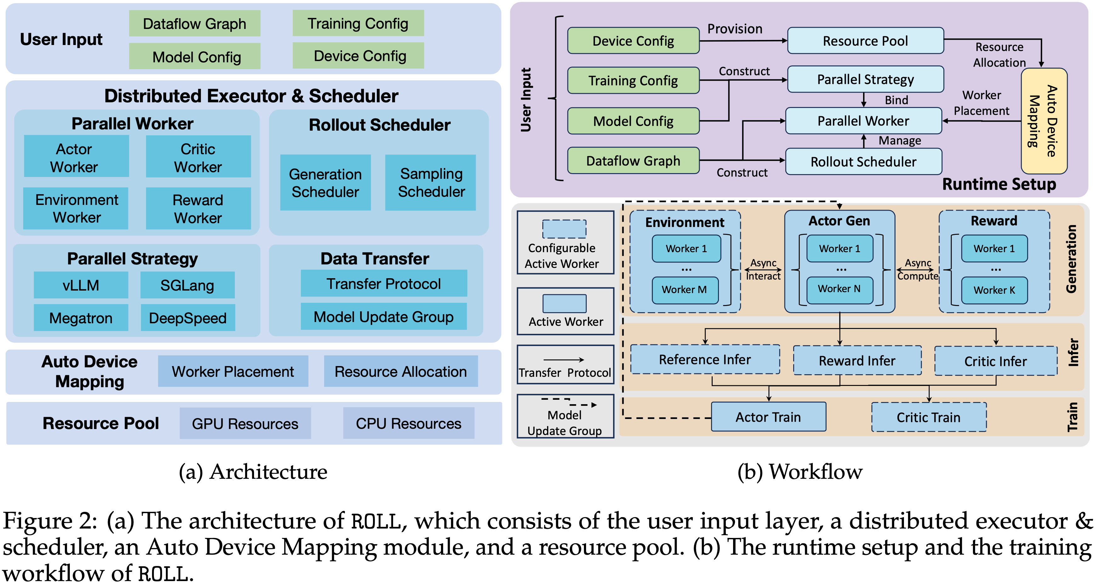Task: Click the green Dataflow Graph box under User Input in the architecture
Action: click(x=195, y=23)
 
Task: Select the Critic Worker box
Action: click(x=198, y=156)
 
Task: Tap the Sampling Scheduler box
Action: click(x=431, y=183)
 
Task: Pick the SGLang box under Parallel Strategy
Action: click(x=187, y=285)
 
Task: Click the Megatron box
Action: click(x=81, y=318)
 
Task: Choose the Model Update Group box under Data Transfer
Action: click(x=383, y=317)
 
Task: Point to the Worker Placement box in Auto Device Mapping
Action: click(x=233, y=371)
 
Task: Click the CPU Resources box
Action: click(x=409, y=423)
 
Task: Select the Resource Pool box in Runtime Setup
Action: click(x=865, y=41)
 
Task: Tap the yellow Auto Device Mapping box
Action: click(x=1044, y=121)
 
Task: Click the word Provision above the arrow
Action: click(x=735, y=29)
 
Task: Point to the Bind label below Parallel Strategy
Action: click(x=896, y=100)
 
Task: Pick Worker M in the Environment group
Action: click(x=685, y=290)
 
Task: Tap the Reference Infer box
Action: click(x=705, y=359)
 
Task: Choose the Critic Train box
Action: click(x=929, y=417)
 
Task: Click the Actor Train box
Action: click(x=768, y=417)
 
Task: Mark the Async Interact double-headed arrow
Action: click(x=763, y=270)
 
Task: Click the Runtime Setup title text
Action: click(x=999, y=184)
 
